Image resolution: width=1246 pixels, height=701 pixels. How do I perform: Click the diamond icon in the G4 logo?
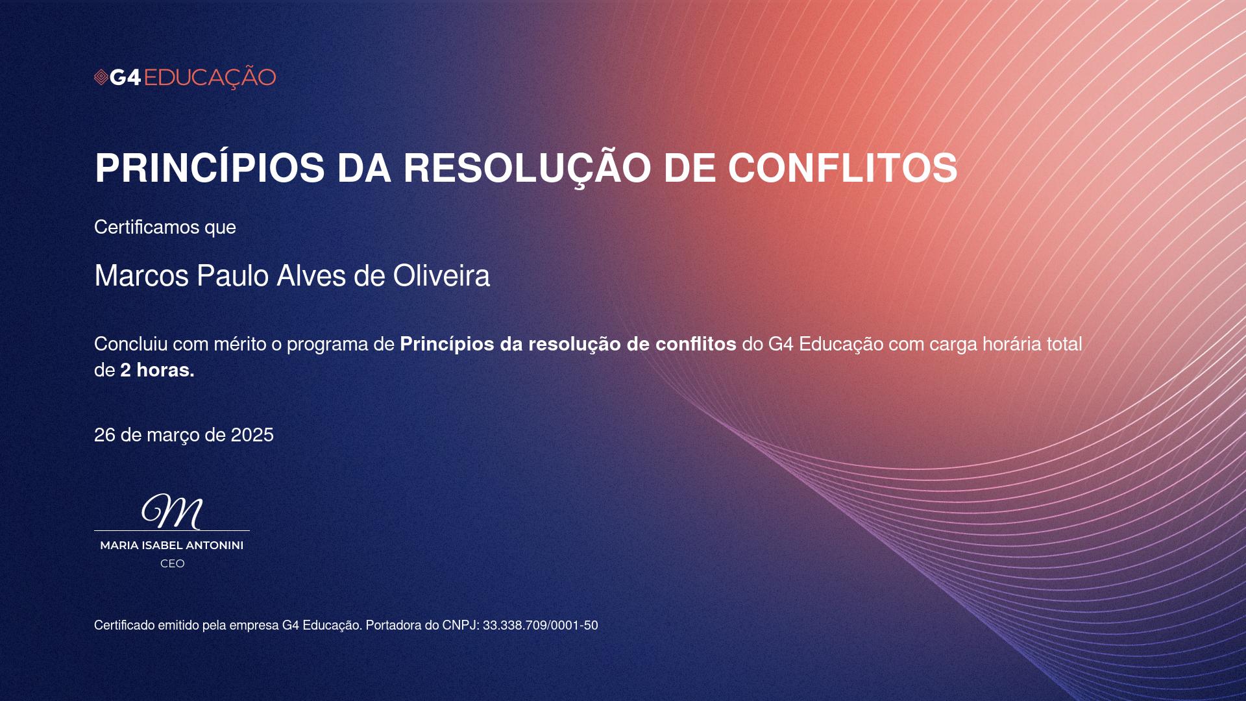(101, 78)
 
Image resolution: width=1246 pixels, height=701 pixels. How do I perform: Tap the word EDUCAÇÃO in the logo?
(210, 78)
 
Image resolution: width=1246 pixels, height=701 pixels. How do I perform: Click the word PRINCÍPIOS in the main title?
(210, 168)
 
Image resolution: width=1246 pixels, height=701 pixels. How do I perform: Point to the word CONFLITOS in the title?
(842, 168)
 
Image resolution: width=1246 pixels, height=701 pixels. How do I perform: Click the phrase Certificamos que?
(165, 227)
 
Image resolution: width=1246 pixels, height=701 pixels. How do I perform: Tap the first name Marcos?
(141, 276)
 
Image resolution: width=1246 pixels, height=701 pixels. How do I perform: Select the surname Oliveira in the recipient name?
(441, 276)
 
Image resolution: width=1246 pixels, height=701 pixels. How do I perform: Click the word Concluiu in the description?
(131, 344)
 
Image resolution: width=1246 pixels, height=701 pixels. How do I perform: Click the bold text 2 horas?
(157, 370)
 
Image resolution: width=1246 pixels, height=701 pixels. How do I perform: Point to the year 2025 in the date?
(252, 435)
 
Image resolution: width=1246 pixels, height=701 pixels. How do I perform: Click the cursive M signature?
(173, 511)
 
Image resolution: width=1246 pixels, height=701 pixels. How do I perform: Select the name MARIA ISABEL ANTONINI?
(172, 545)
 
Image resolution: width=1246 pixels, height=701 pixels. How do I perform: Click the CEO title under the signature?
(173, 563)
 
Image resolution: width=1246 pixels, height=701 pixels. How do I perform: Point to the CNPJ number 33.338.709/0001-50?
(540, 625)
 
